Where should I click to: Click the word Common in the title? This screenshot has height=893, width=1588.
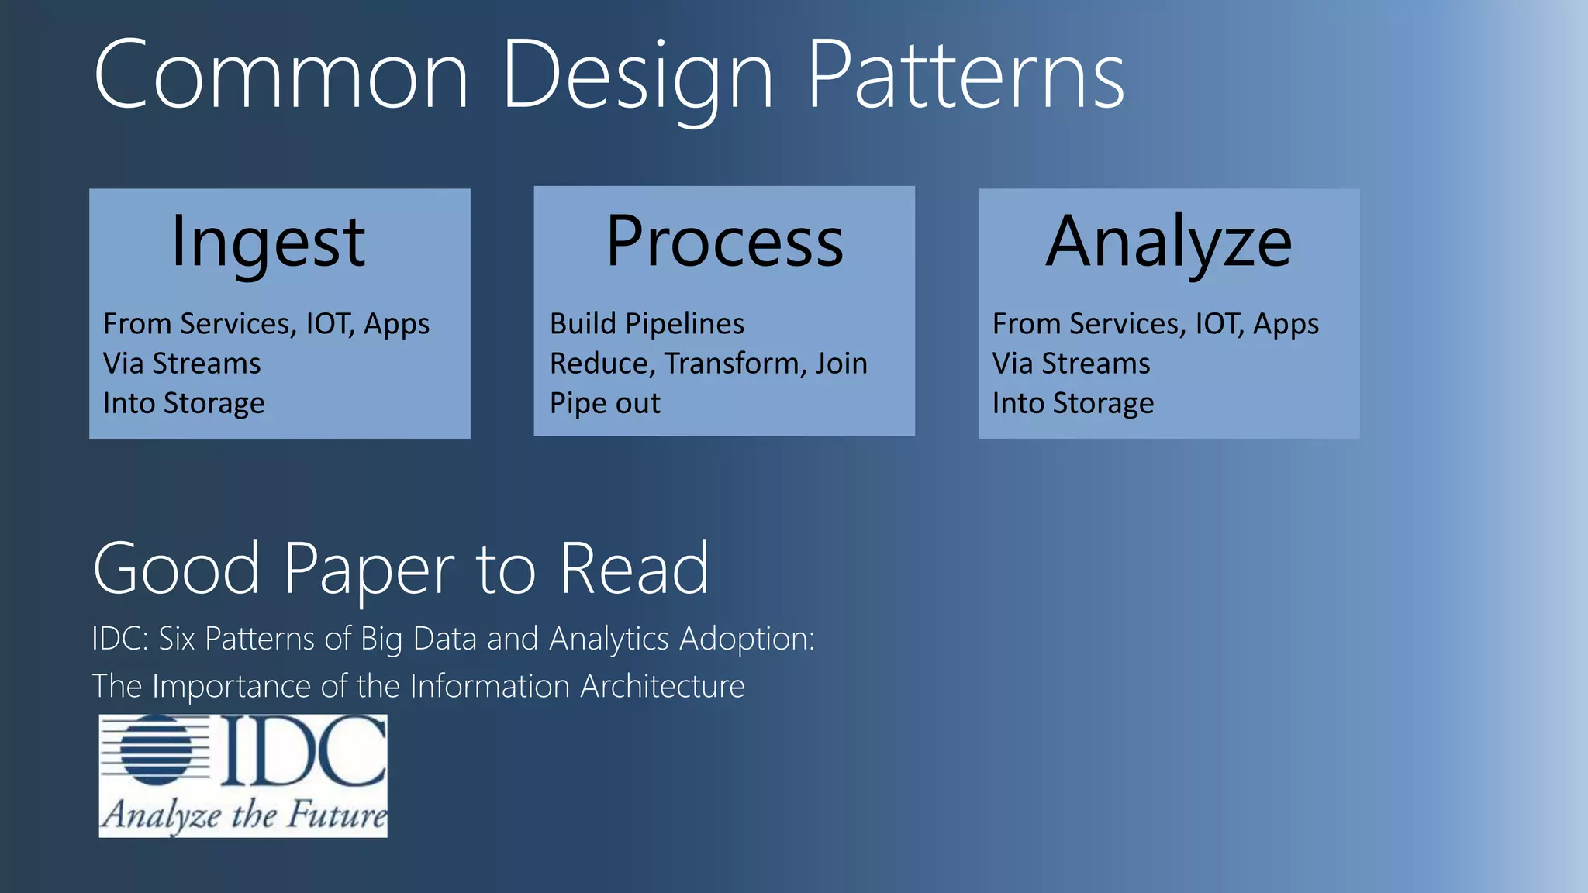click(281, 76)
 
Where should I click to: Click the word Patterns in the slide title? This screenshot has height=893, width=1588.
click(965, 76)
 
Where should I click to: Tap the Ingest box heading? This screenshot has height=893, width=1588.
click(268, 243)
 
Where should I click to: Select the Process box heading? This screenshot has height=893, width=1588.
click(724, 243)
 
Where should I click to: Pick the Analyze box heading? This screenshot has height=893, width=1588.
click(1169, 243)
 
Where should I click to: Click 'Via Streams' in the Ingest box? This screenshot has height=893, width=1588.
click(182, 364)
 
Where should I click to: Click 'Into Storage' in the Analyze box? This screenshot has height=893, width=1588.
click(1073, 403)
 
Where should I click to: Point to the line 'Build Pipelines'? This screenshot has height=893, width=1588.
click(647, 324)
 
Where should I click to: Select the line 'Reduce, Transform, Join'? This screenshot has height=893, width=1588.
click(708, 364)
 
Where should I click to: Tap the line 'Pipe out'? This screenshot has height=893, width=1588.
click(605, 403)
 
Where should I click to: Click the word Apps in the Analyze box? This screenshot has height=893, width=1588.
click(1286, 324)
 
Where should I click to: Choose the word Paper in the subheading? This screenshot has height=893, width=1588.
click(369, 570)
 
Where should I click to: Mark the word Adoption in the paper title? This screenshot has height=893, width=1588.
click(746, 639)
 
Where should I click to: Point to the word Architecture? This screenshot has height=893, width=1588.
click(662, 686)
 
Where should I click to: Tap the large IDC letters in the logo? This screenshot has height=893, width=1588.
click(303, 750)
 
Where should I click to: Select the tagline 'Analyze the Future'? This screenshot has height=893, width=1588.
click(243, 815)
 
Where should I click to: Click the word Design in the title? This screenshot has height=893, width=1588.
click(637, 76)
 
